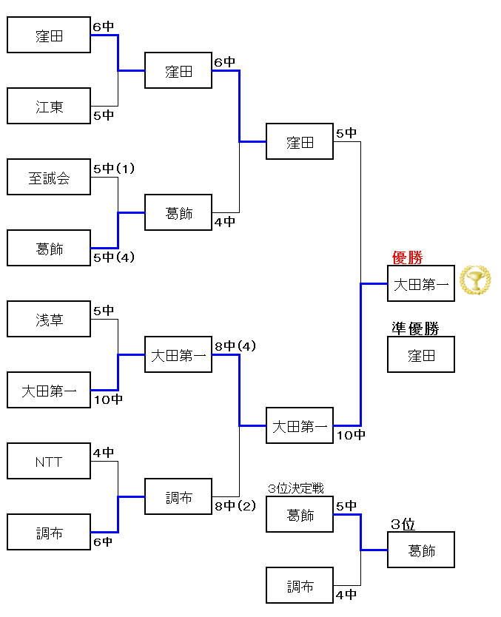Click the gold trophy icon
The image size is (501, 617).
(475, 280)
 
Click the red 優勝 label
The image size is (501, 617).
(407, 257)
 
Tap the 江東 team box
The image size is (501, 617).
(49, 107)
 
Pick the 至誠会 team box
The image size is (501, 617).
(49, 178)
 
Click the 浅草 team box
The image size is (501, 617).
(49, 320)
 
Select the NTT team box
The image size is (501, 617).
(49, 462)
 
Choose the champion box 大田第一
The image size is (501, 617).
(421, 284)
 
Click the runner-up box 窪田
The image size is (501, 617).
(421, 355)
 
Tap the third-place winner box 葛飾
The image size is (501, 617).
(421, 550)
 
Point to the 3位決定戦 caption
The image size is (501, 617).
(296, 489)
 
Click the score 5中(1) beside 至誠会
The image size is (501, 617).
(114, 169)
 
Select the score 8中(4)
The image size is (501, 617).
(235, 345)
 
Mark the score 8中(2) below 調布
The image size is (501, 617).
(235, 506)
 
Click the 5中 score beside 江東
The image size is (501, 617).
(104, 115)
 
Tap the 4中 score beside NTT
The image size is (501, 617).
(104, 453)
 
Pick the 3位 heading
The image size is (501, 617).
(403, 525)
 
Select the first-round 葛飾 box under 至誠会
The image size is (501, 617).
(49, 249)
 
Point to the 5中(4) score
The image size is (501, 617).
(114, 257)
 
